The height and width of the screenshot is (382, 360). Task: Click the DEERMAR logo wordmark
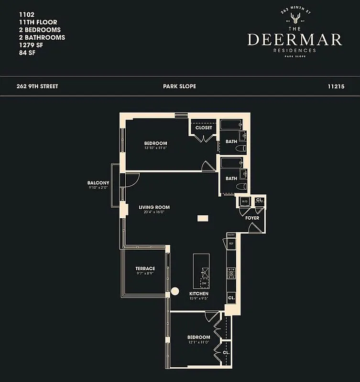pyautogui.click(x=295, y=40)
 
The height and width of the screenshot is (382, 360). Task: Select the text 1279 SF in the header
pyautogui.click(x=24, y=45)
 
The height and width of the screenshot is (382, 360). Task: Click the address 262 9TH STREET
pyautogui.click(x=37, y=86)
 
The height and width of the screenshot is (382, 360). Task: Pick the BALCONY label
pyautogui.click(x=98, y=183)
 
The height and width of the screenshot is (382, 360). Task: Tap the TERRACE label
pyautogui.click(x=145, y=268)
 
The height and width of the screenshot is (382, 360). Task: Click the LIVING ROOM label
pyautogui.click(x=154, y=207)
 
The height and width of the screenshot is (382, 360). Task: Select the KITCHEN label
pyautogui.click(x=199, y=294)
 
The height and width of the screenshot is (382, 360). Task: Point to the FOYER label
pyautogui.click(x=252, y=218)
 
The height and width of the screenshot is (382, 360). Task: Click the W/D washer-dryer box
pyautogui.click(x=245, y=201)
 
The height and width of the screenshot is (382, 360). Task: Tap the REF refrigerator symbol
pyautogui.click(x=231, y=244)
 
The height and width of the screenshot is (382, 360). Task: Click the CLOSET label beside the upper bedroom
pyautogui.click(x=204, y=127)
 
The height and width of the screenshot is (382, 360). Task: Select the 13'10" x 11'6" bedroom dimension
pyautogui.click(x=155, y=148)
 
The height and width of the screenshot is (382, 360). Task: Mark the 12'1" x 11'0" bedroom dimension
pyautogui.click(x=198, y=343)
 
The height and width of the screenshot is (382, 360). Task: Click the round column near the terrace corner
pyautogui.click(x=175, y=290)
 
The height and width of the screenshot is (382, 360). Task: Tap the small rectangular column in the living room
pyautogui.click(x=203, y=218)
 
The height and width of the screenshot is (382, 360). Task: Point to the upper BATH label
pyautogui.click(x=231, y=141)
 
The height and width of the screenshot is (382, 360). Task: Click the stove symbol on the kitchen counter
pyautogui.click(x=231, y=274)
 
